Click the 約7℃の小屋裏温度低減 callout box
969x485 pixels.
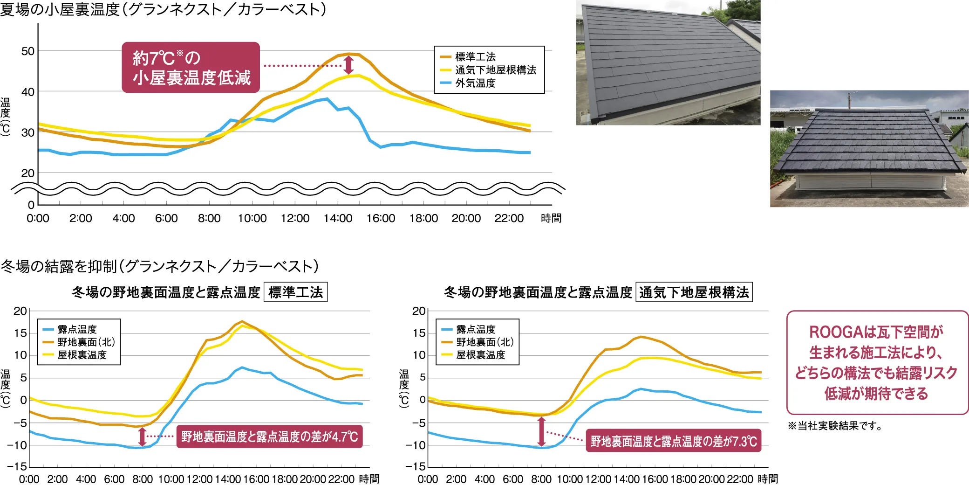tap(191, 67)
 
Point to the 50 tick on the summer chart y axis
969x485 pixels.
tap(28, 51)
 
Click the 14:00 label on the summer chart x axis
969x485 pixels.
tap(338, 218)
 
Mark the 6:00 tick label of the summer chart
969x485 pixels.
tap(166, 218)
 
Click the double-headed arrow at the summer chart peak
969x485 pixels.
tap(348, 65)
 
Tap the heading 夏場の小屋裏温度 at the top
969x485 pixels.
tap(163, 9)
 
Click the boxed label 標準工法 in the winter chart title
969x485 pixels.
tap(295, 292)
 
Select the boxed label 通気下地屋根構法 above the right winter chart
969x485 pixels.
tap(694, 292)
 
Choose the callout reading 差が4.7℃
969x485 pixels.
tap(269, 436)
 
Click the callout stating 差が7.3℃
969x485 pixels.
tap(673, 441)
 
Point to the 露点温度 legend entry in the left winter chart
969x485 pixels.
tap(77, 329)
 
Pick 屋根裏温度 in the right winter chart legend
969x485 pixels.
tap(480, 355)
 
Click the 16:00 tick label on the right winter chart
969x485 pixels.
tap(655, 479)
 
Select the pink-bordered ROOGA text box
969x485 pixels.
tap(877, 362)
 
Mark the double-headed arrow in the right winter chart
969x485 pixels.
tap(541, 431)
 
